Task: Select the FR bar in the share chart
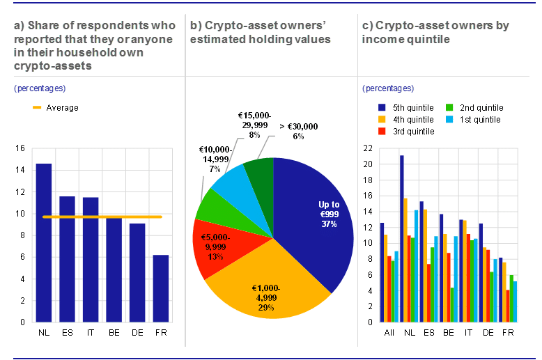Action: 161,288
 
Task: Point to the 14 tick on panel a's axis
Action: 19,170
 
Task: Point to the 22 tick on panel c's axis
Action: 367,148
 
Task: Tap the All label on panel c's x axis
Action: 390,333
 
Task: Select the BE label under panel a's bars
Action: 114,333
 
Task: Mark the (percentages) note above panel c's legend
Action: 388,88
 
